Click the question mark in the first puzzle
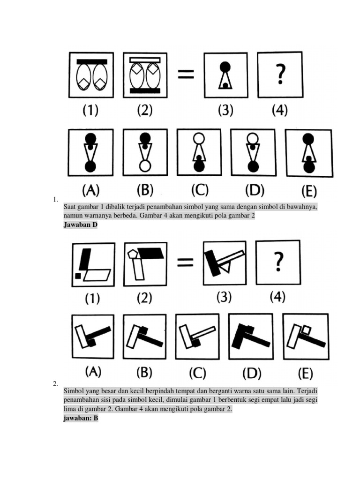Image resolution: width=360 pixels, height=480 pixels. pos(280,74)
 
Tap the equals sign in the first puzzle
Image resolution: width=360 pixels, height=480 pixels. pos(185,74)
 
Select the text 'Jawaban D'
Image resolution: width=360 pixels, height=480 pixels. pos(80,225)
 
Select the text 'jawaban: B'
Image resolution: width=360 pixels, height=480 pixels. pos(81,418)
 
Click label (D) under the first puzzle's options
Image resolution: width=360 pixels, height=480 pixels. pos(255,190)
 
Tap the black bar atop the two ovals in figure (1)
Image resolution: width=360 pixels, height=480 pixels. pos(92,61)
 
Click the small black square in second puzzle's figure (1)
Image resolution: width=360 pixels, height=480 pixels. pos(78,276)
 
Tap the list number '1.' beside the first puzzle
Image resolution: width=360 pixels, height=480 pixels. pos(56,200)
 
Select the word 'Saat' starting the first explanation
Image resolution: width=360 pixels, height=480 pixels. pos(70,207)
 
